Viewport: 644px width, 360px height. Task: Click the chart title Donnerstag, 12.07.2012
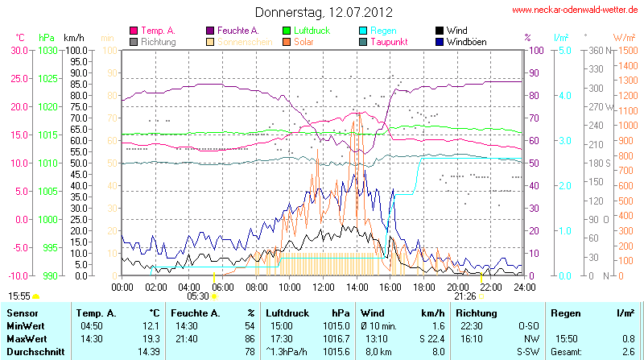point(324,12)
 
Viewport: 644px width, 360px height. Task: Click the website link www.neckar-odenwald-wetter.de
point(575,10)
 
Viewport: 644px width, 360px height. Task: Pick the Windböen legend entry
point(466,41)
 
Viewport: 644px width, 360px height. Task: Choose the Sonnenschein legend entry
point(234,41)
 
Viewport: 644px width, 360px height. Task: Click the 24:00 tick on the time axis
point(524,286)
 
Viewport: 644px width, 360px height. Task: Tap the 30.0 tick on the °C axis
point(19,50)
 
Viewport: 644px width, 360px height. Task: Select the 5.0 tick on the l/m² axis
point(565,50)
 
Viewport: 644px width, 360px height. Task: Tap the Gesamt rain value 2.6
point(628,351)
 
